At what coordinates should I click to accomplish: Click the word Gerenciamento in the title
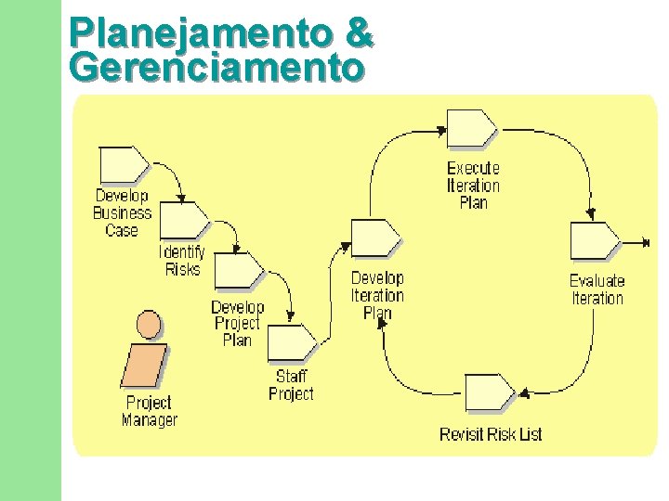(x=216, y=68)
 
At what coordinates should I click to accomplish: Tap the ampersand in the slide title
(x=358, y=33)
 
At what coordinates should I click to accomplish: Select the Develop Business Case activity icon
(x=123, y=164)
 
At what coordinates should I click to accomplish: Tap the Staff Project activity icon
(x=292, y=343)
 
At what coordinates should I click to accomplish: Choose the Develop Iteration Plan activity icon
(x=375, y=238)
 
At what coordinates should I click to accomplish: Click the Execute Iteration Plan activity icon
(x=471, y=128)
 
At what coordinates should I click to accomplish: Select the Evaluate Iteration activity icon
(x=594, y=241)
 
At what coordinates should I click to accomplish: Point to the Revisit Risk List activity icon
(x=489, y=393)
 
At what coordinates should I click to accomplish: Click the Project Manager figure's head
(x=148, y=324)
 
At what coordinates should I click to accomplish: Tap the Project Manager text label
(x=149, y=411)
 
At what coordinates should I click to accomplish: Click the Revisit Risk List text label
(x=491, y=434)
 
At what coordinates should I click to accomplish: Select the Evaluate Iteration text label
(x=597, y=289)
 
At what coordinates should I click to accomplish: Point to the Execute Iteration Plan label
(x=473, y=185)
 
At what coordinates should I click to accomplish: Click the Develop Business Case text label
(x=122, y=212)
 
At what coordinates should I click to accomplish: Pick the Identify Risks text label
(x=182, y=261)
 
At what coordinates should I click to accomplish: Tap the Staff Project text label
(x=291, y=384)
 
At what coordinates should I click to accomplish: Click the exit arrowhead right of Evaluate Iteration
(x=645, y=243)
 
